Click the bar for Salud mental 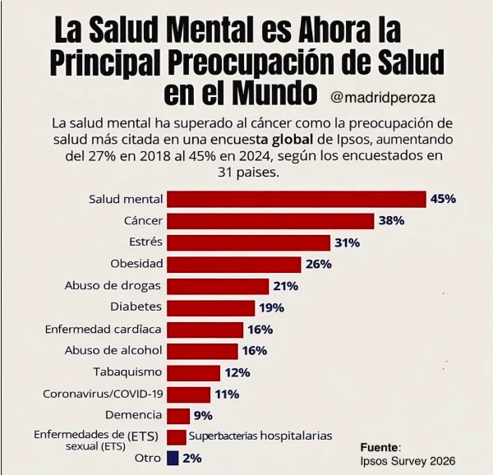(x=296, y=199)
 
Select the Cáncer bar (x=270, y=221)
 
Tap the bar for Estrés (x=248, y=242)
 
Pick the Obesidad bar (x=233, y=264)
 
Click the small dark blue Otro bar (x=173, y=458)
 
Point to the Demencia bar (x=178, y=415)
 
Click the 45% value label (x=443, y=199)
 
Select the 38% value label (x=391, y=221)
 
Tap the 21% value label (x=284, y=286)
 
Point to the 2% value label (x=192, y=458)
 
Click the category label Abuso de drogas (x=113, y=286)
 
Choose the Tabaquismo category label (x=127, y=372)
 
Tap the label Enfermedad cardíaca (x=104, y=329)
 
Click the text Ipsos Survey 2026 (x=408, y=460)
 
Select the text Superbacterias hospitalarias (x=260, y=436)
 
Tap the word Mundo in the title (x=274, y=93)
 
